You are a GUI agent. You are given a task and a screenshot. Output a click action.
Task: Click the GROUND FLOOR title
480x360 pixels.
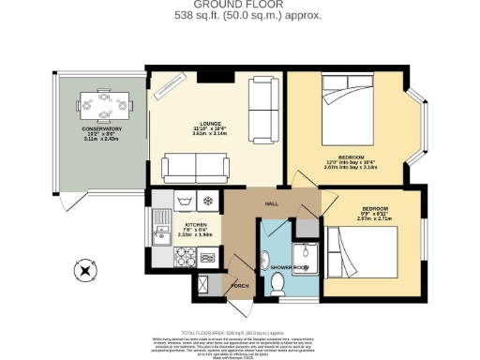tap(240, 5)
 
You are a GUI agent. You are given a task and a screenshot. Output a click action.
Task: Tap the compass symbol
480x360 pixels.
tap(86, 271)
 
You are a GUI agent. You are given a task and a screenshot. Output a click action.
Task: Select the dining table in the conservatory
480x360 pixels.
tap(104, 104)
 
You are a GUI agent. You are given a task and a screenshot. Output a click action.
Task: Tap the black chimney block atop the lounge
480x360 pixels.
tap(211, 75)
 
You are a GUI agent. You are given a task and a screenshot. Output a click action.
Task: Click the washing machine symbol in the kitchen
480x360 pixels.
tap(183, 200)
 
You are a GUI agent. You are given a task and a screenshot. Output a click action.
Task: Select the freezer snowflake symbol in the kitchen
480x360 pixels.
tap(208, 200)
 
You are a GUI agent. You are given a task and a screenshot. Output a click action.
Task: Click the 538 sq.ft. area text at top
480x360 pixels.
tap(240, 16)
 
